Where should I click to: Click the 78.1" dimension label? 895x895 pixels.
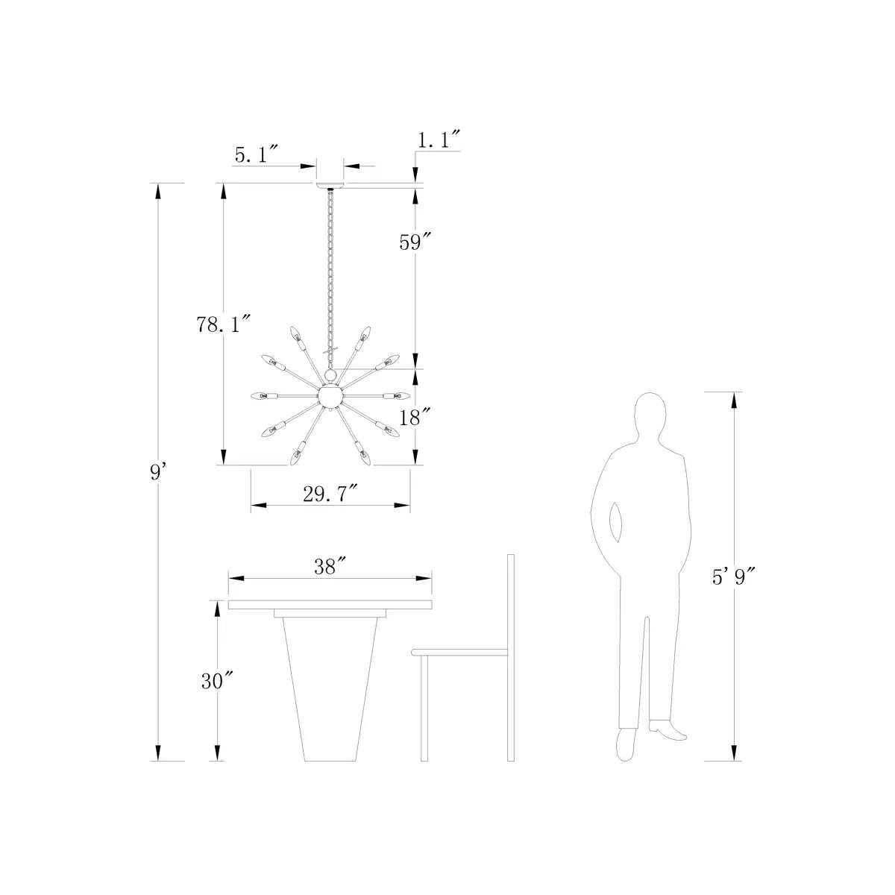[224, 324]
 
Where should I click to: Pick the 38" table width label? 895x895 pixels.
[330, 566]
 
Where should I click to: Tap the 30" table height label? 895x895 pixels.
[216, 681]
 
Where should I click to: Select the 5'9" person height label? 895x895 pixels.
[734, 577]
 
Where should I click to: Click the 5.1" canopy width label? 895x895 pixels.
[256, 154]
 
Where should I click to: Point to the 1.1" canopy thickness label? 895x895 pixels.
[439, 139]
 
